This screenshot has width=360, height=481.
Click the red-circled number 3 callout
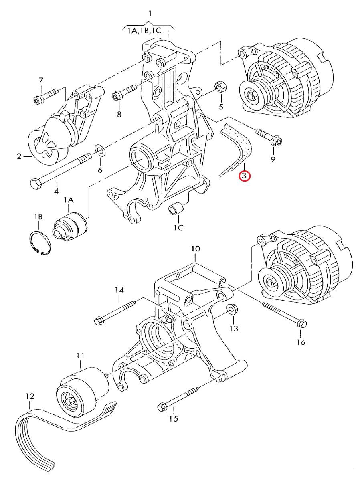point(244,176)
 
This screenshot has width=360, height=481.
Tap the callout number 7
point(41,81)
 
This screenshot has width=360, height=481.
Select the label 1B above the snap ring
point(38,217)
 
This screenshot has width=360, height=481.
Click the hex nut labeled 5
point(220,87)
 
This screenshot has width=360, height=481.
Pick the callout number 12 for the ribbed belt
point(30,396)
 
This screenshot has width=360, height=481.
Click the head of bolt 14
point(99,321)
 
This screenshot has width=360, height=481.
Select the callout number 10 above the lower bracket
point(196,249)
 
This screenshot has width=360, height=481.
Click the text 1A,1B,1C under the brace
point(144,30)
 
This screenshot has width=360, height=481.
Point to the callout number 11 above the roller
point(81,356)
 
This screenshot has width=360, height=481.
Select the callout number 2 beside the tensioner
point(20,156)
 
